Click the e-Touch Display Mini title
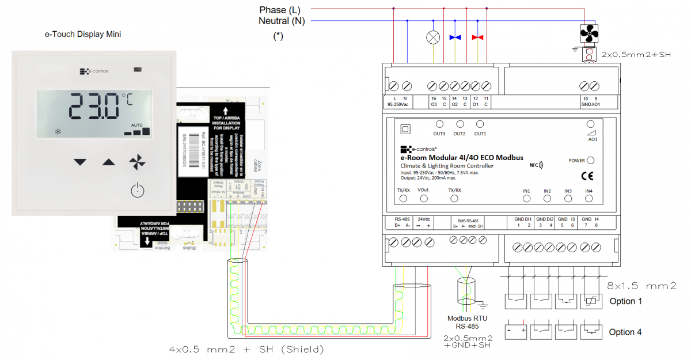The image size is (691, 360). [x=83, y=34]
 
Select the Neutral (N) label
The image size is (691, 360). [x=282, y=21]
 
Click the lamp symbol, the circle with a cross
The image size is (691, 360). [x=432, y=38]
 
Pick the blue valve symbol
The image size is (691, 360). [x=455, y=38]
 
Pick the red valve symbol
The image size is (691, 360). [x=477, y=38]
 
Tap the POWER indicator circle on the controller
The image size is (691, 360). [x=590, y=161]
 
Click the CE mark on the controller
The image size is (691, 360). [x=588, y=176]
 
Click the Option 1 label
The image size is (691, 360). [x=625, y=301]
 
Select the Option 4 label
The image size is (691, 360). [x=625, y=332]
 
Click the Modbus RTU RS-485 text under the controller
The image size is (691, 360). [x=466, y=323]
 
